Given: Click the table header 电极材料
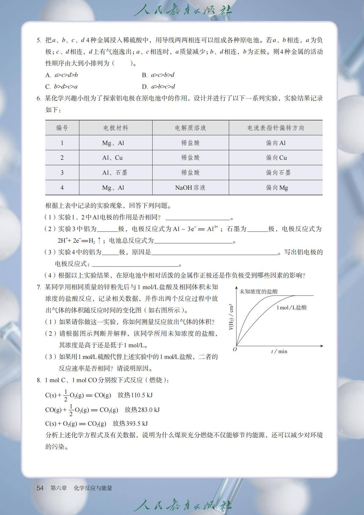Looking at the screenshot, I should pos(116,128).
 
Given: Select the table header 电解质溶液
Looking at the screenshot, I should pos(190,128).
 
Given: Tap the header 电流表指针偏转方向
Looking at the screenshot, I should pos(276,128).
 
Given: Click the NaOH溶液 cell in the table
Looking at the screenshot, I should pos(190,188).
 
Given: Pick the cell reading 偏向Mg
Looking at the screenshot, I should pos(277,188).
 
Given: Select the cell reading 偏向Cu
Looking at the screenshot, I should pos(276,158).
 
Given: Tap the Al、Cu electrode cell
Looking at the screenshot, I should pos(112,158).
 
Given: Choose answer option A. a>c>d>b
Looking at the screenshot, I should pos(61,75).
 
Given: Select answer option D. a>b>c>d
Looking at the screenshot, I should pos(158,87).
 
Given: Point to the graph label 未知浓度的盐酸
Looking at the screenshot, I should pos(258,292).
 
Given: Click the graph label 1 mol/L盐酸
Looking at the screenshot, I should pos(291,308).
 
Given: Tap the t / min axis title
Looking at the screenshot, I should pos(279,351).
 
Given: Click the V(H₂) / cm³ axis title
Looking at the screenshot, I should pos(231,317).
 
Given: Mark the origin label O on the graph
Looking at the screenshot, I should pos(235,349).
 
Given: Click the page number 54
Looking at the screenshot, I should pos(40,488).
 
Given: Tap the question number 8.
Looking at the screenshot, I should pos(39,380).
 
